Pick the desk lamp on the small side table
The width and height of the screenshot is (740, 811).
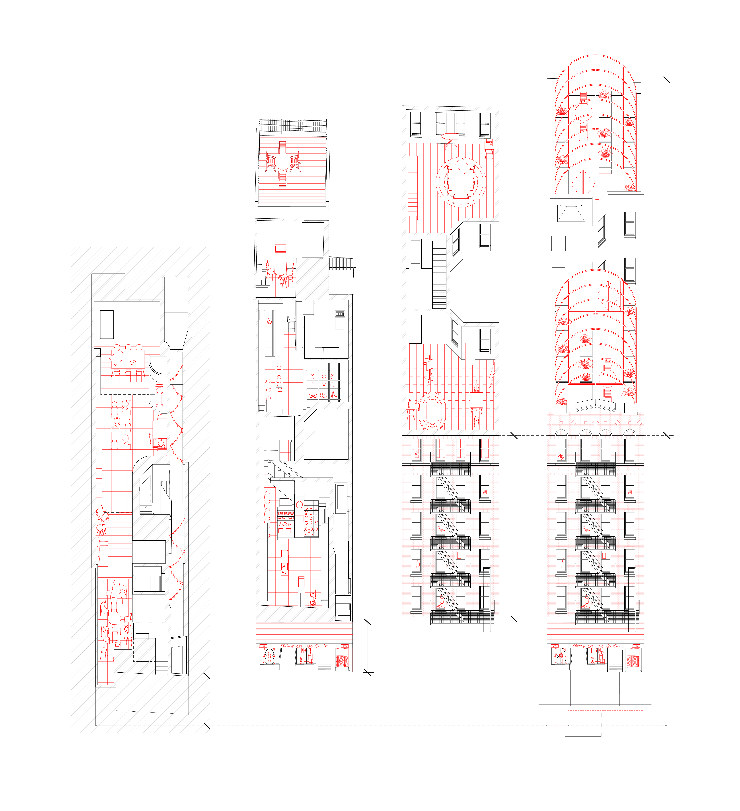(x=410, y=404)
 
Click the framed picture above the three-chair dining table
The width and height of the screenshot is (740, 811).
(x=281, y=248)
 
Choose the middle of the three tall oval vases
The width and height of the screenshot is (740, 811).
(x=312, y=531)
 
